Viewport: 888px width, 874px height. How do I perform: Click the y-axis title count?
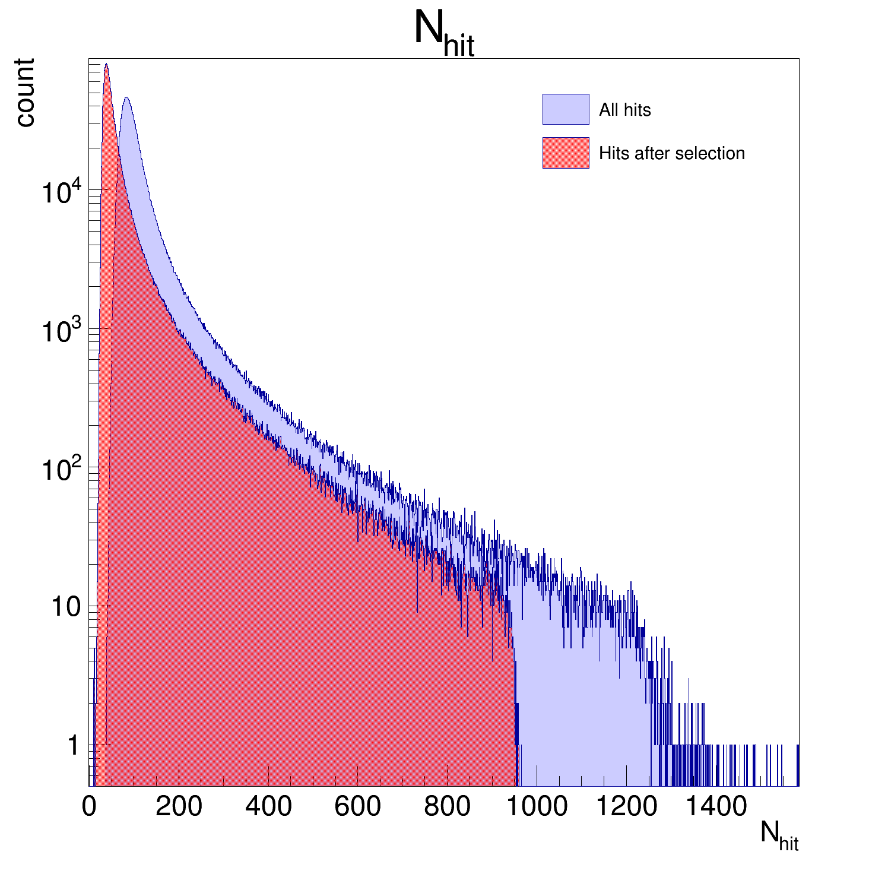[25, 93]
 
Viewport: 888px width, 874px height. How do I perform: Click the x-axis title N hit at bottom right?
[779, 836]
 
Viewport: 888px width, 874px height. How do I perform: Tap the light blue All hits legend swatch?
[565, 109]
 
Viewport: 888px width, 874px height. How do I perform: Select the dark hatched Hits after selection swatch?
[565, 153]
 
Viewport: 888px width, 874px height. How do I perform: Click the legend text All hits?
[624, 110]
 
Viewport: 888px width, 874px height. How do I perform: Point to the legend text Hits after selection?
[671, 153]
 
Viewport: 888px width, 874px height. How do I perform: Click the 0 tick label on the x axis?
[90, 807]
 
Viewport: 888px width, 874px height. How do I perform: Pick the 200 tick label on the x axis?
[179, 807]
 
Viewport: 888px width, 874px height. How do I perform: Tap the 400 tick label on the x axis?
[268, 807]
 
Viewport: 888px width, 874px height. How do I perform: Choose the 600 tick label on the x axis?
[357, 807]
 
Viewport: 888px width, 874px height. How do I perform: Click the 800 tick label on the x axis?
[447, 807]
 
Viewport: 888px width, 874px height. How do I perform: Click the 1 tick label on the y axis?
[73, 746]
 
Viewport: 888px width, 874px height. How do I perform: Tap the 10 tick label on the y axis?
[65, 607]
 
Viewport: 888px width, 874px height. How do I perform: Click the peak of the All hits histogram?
[126, 98]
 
